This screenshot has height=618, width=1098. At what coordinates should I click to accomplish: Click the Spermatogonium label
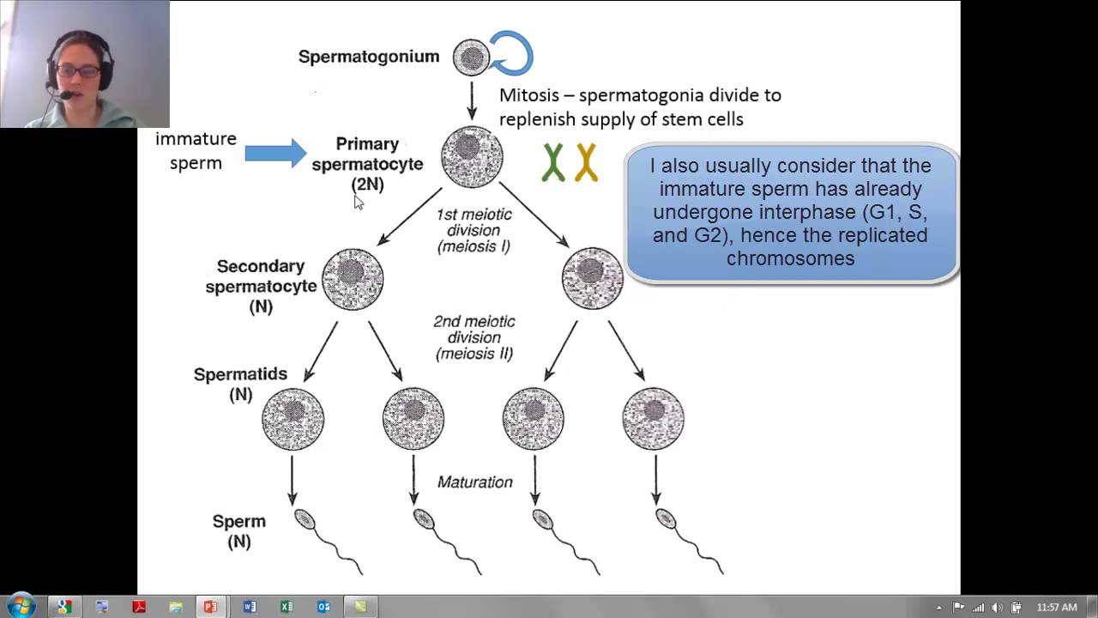368,57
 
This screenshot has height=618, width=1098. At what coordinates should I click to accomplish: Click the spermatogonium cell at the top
471,58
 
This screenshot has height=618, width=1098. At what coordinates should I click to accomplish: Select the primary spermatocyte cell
472,157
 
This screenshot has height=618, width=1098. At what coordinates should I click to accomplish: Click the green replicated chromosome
553,162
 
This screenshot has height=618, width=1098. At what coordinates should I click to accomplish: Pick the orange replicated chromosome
586,162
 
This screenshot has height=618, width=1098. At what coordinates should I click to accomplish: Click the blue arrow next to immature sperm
274,153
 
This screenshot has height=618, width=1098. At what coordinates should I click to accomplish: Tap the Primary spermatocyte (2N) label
367,164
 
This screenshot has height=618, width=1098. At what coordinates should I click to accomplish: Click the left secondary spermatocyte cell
353,279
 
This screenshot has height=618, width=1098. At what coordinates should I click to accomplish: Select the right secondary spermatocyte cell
592,279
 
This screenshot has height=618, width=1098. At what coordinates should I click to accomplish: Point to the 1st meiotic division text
474,230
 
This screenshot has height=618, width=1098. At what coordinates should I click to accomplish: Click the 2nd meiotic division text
474,336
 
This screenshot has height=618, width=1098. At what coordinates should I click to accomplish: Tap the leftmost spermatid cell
293,419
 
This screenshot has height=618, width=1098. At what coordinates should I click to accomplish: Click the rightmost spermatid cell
653,419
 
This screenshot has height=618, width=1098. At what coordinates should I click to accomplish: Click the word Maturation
474,482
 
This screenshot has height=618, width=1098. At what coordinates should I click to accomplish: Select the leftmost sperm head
305,519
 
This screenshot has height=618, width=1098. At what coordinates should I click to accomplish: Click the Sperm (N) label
239,531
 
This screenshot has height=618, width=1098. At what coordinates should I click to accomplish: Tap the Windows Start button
21,606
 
